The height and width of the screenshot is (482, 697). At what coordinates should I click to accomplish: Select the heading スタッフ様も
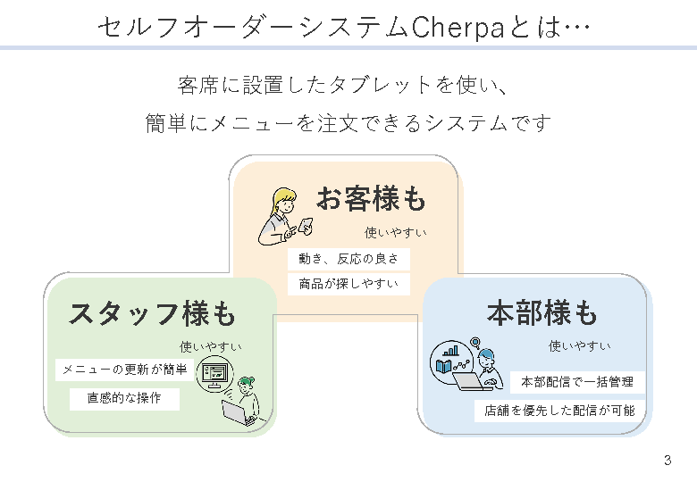[152, 314]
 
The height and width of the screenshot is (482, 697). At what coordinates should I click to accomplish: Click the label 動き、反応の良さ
[348, 260]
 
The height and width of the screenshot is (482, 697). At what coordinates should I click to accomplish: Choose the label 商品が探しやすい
[348, 285]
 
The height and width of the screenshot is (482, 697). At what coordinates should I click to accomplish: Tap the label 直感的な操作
[124, 399]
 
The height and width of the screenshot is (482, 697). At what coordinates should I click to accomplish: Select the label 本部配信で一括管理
[577, 382]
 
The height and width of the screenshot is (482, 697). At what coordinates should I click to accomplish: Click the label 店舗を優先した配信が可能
[559, 411]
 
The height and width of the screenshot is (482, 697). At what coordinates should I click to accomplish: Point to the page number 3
[667, 461]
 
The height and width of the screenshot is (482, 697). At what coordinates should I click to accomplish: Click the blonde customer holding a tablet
[284, 217]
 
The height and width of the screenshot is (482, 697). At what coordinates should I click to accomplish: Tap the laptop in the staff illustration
[238, 413]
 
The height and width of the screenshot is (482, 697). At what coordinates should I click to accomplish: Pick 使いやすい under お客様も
[395, 233]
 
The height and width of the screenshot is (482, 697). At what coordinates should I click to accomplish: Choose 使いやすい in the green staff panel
[211, 346]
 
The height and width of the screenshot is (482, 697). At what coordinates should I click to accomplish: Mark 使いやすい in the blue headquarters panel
[580, 346]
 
